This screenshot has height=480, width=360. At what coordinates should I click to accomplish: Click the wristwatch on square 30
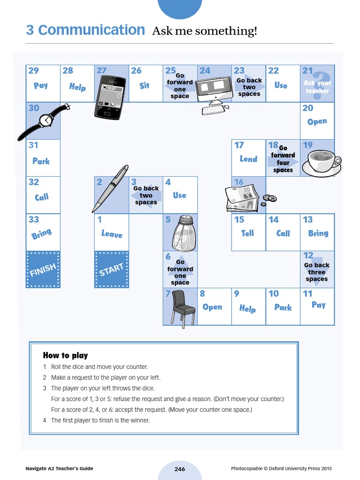45,120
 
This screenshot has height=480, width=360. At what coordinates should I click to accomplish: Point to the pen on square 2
110,188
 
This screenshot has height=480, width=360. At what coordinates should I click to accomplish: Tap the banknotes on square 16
242,197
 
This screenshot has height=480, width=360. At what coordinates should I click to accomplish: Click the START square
112,270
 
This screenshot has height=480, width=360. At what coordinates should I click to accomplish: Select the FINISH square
43,270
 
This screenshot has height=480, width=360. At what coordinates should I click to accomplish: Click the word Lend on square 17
248,159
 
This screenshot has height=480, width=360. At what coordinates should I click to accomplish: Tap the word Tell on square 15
247,233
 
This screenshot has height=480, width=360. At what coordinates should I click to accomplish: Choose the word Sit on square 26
145,86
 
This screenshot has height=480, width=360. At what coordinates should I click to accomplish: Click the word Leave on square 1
112,233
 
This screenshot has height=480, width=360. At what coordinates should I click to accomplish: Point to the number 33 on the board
33,219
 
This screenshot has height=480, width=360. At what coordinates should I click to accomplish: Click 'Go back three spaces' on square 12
317,272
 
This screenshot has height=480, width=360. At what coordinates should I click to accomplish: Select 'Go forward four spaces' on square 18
283,159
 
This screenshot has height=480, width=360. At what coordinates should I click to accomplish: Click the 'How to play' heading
65,355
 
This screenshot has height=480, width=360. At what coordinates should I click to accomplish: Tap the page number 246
180,469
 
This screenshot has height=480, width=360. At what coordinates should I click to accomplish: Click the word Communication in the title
91,30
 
